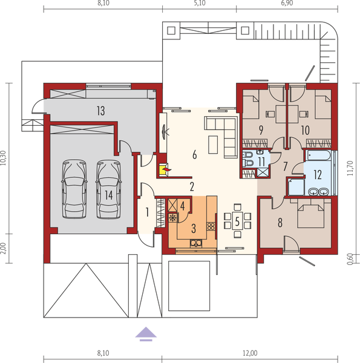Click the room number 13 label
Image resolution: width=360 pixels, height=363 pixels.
tap(100, 110)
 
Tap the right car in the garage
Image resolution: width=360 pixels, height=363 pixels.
tap(107, 188)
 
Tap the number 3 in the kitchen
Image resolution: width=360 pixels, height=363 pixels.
tap(194, 228)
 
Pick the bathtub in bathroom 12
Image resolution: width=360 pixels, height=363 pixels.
tap(317, 157)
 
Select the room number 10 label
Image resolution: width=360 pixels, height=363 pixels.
tap(306, 129)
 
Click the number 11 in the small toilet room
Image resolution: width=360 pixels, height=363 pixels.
tap(260, 161)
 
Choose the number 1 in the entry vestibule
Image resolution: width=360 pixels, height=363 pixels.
tap(147, 211)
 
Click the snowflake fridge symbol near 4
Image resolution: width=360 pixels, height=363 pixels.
tap(173, 216)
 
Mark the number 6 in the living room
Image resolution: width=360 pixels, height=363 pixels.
tap(194, 155)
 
